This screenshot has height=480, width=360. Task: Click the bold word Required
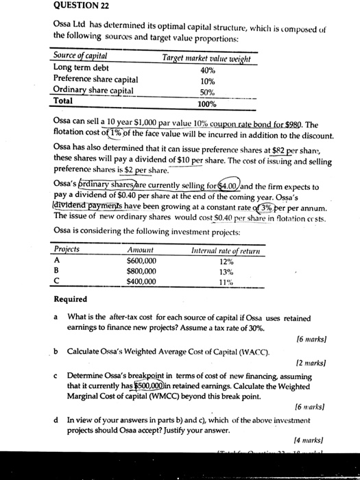[70, 299]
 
